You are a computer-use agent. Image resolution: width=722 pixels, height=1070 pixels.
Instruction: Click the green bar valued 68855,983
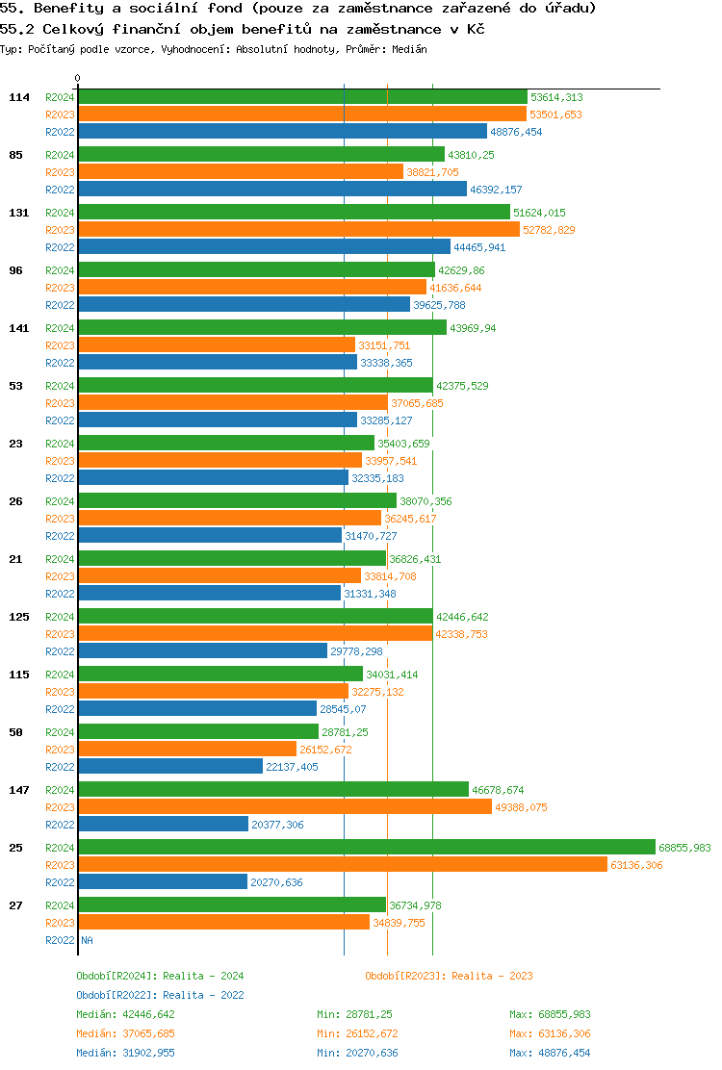tap(366, 848)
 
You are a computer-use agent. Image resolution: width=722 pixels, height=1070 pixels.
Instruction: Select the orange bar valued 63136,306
tap(342, 865)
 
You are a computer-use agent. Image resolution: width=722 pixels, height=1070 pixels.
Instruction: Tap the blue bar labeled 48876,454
tap(282, 132)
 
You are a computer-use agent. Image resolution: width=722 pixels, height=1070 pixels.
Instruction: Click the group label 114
tap(18, 97)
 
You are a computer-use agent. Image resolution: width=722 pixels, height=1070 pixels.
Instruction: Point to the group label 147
tap(18, 790)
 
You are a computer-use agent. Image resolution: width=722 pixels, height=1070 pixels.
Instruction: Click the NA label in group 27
tap(87, 940)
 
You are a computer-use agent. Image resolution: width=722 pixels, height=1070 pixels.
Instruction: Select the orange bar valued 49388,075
tap(284, 807)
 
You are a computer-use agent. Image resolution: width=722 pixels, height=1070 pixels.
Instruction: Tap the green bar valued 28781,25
tap(197, 732)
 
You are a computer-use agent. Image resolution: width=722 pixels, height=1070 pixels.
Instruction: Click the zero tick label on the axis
tap(78, 79)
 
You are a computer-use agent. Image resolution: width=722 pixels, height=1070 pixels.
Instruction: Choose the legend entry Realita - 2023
tap(449, 976)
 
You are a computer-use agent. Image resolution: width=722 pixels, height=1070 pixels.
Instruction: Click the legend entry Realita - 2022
tap(160, 995)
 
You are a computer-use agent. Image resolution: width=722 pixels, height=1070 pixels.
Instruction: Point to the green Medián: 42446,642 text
tap(125, 1014)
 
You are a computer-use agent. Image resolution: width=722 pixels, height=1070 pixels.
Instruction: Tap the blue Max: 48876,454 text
tap(550, 1053)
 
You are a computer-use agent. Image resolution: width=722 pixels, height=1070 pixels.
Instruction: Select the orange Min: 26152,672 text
tap(357, 1033)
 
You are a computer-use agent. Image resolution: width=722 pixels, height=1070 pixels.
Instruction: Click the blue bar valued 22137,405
tap(170, 767)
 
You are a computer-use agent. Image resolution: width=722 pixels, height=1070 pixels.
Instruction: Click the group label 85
tap(15, 155)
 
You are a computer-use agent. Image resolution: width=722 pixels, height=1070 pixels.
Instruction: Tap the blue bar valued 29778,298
tap(202, 651)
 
